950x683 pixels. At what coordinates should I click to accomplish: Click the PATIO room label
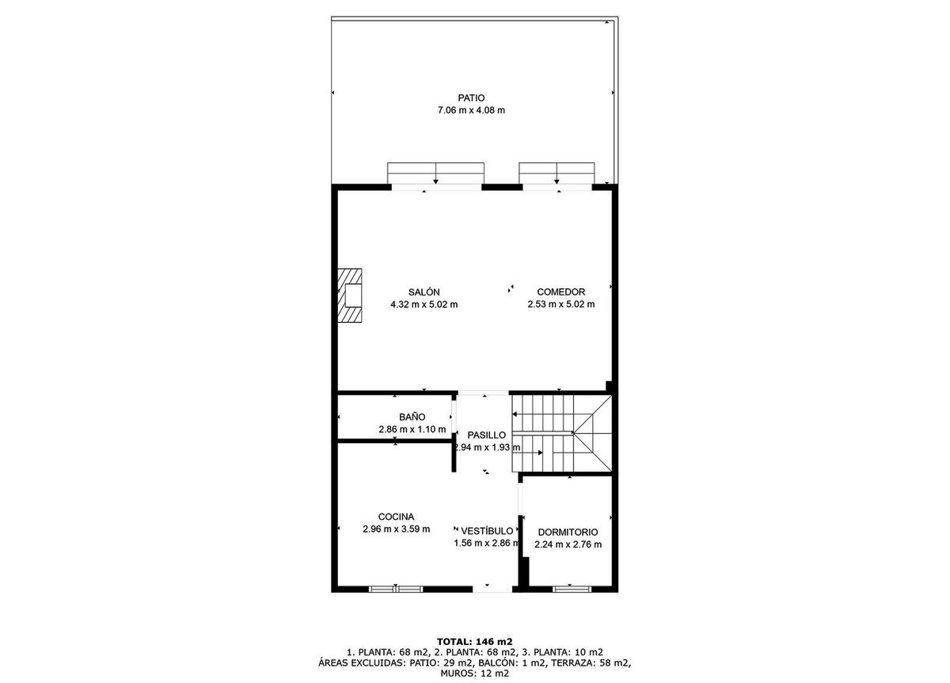click(471, 98)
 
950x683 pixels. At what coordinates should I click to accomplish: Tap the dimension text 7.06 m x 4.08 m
click(471, 110)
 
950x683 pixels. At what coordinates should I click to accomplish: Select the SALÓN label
click(424, 292)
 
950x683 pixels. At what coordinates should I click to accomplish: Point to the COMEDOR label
click(560, 292)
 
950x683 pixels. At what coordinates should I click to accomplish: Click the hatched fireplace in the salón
click(349, 295)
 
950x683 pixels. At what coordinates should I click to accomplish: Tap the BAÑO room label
click(412, 417)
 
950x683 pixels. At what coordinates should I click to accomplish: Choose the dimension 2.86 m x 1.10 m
click(412, 429)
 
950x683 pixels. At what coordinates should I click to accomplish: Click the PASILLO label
click(486, 435)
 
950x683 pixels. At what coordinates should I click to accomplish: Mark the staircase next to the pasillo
click(561, 433)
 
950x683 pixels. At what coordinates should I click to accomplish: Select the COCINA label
click(396, 517)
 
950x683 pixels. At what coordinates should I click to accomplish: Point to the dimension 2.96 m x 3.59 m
click(396, 529)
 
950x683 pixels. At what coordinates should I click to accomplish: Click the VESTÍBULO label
click(487, 531)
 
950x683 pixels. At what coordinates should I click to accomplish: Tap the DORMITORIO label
click(568, 532)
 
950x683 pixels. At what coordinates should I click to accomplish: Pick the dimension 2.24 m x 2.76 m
click(568, 545)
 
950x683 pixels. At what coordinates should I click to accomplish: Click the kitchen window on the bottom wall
click(396, 589)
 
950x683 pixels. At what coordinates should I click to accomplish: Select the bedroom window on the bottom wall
click(572, 589)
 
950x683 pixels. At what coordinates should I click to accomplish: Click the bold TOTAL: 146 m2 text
click(474, 642)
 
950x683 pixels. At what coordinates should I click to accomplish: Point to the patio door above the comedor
click(557, 174)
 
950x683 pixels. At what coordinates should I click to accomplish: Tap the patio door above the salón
click(435, 174)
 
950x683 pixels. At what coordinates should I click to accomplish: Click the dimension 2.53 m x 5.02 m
click(560, 304)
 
